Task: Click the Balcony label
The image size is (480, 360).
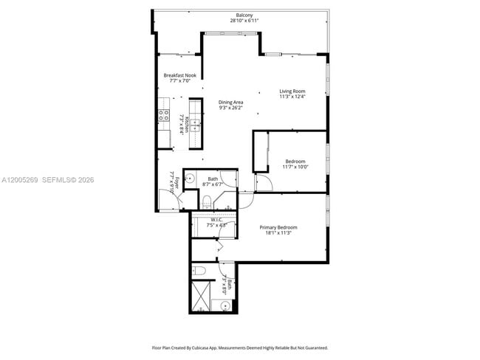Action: pyautogui.click(x=244, y=15)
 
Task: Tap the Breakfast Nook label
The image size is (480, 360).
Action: pyautogui.click(x=179, y=75)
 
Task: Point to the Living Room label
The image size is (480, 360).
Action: pyautogui.click(x=292, y=91)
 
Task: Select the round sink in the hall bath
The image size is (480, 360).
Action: pyautogui.click(x=190, y=177)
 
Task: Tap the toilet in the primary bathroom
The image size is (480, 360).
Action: pyautogui.click(x=199, y=271)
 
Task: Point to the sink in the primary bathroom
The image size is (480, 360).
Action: pyautogui.click(x=225, y=305)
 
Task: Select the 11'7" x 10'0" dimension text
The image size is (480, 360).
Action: pyautogui.click(x=295, y=167)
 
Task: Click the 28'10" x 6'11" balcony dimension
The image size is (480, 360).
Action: pyautogui.click(x=244, y=21)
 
